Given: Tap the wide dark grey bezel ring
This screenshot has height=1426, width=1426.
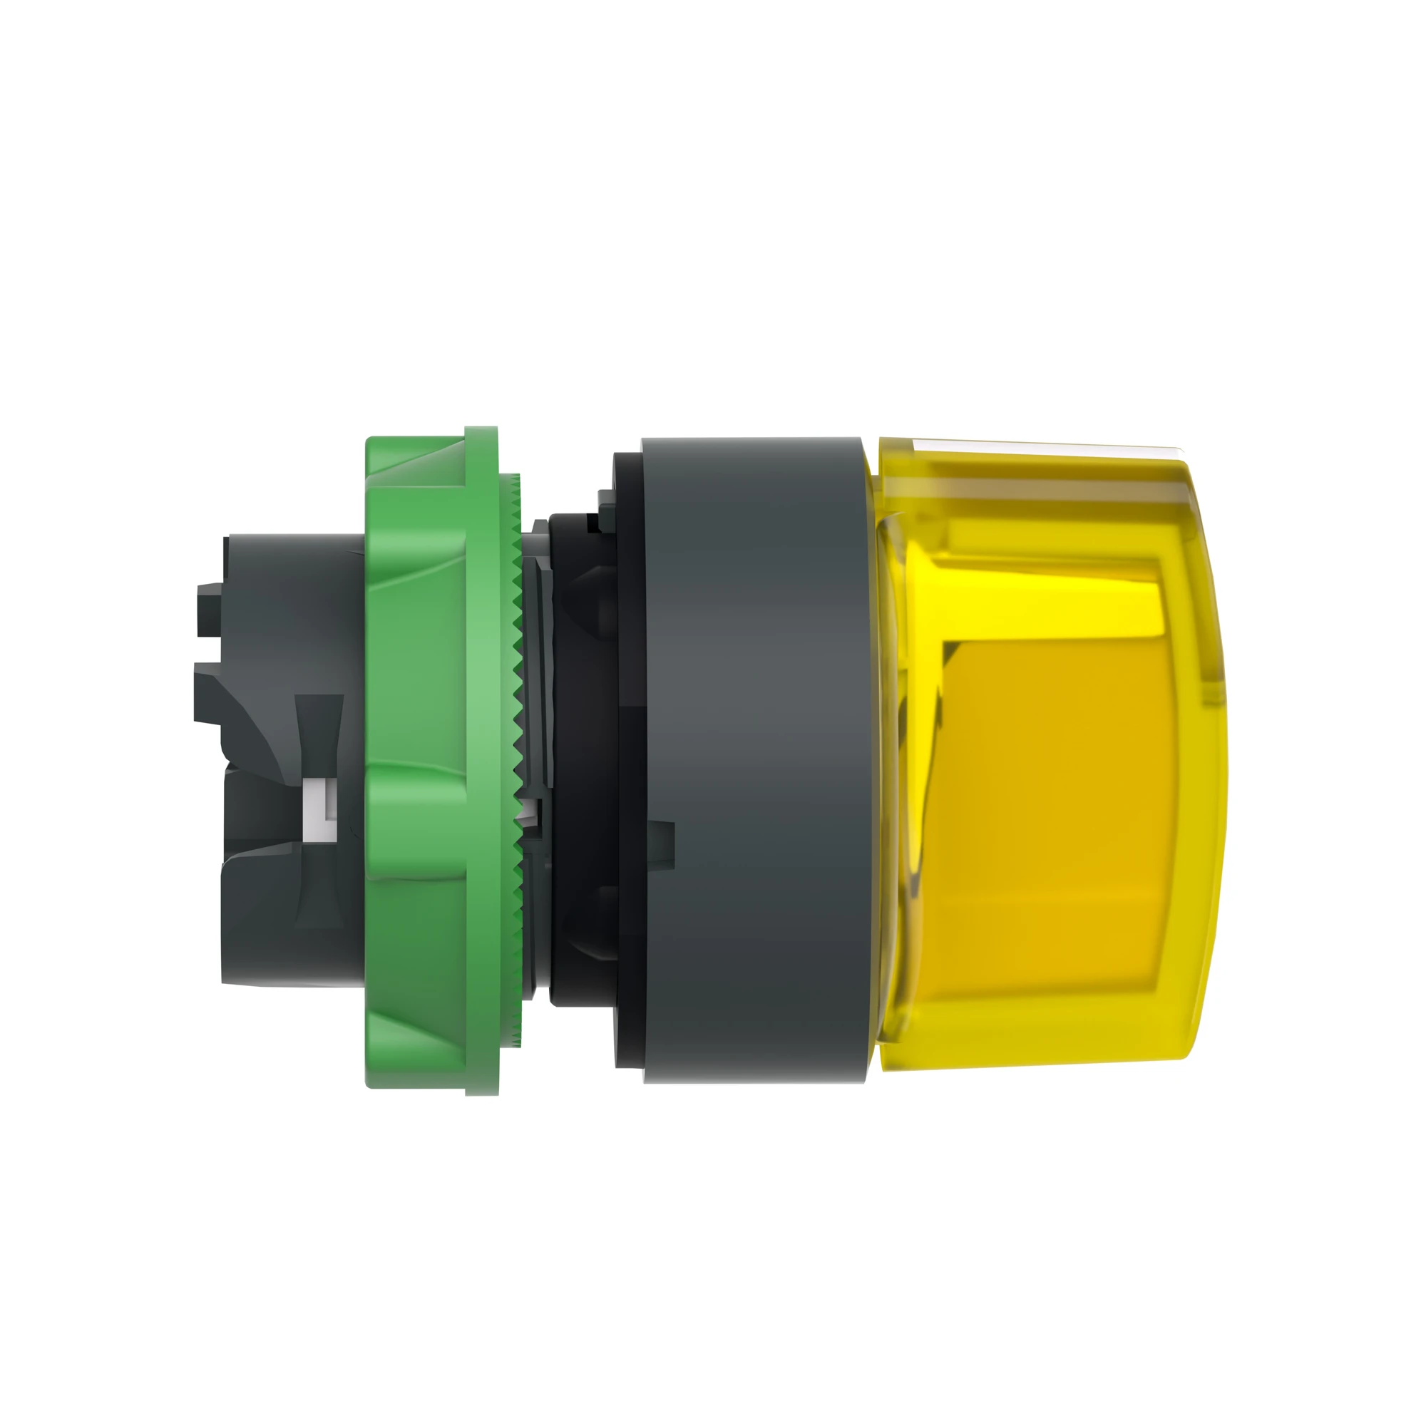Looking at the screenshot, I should click(x=753, y=760).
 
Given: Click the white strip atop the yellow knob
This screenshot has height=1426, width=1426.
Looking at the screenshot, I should click(x=1033, y=446).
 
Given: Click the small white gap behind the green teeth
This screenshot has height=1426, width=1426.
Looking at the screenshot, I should click(x=525, y=816).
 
